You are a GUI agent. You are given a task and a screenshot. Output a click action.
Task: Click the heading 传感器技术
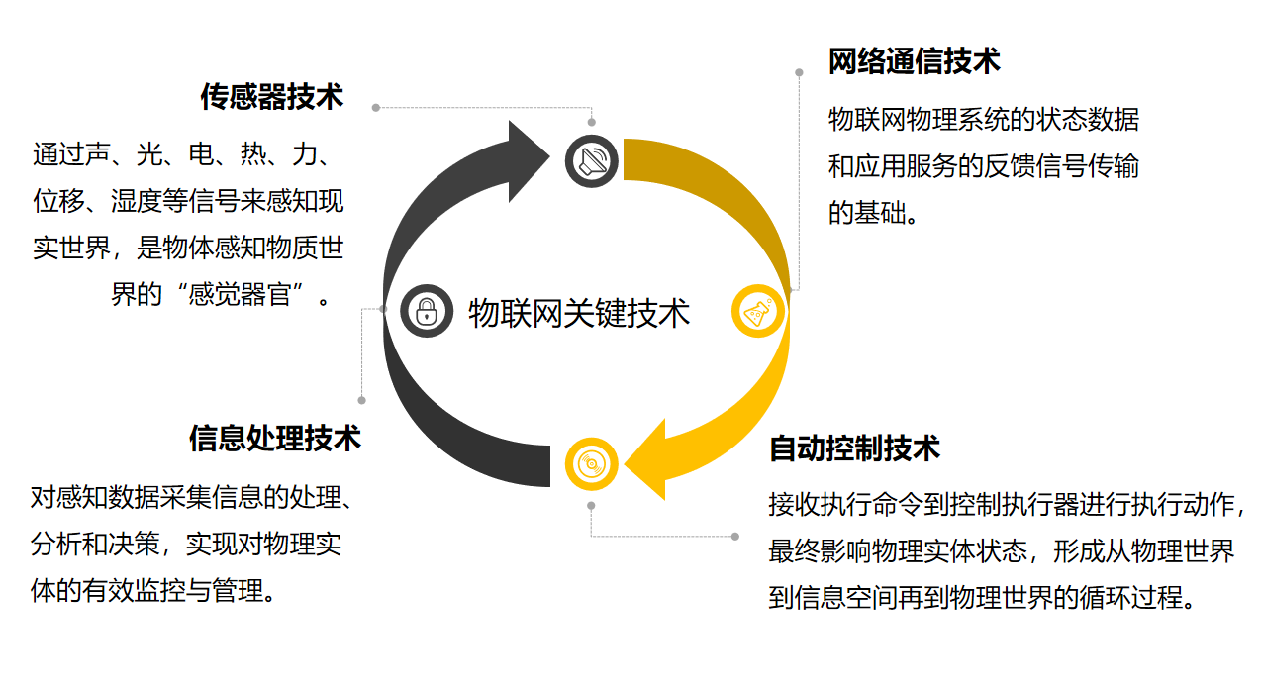coord(272,97)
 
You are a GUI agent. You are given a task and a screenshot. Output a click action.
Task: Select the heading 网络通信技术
coord(914,61)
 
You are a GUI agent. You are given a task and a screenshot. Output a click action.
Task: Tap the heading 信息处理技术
coord(275,438)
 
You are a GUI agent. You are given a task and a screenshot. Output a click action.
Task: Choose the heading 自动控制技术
coord(854,448)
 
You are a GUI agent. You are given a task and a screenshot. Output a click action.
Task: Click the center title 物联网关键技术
coord(578,313)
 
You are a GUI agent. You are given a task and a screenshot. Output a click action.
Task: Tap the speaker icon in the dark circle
coord(592,160)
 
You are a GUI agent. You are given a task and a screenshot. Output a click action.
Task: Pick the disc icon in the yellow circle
coord(592,463)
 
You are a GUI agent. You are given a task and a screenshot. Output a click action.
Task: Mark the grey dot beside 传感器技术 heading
coord(376,107)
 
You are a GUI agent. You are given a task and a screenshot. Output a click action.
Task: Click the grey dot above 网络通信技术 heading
coord(799,72)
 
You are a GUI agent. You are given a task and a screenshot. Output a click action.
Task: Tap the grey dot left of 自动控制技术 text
coord(735,536)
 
